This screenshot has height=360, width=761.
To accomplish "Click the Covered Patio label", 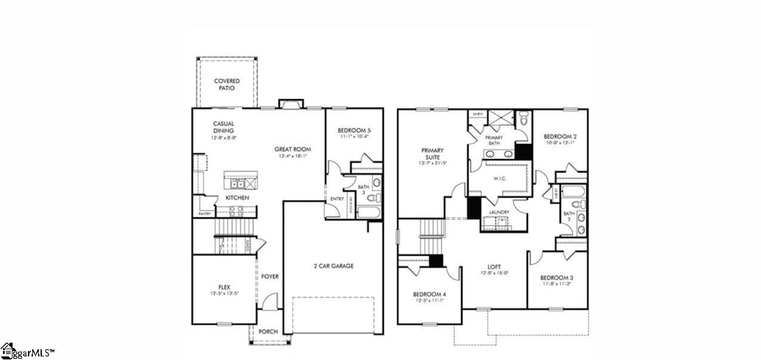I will pyautogui.click(x=226, y=84).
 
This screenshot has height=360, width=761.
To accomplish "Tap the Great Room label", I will pyautogui.click(x=292, y=149).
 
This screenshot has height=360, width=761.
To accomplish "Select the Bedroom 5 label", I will pyautogui.click(x=353, y=130).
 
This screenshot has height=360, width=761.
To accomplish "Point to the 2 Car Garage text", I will pyautogui.click(x=334, y=266).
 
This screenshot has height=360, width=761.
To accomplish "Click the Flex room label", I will pyautogui.click(x=224, y=287).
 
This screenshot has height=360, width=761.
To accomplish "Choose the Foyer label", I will pyautogui.click(x=270, y=276).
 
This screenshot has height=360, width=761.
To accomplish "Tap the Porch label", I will pyautogui.click(x=268, y=331).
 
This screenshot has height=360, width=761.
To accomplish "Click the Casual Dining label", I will pyautogui.click(x=223, y=127).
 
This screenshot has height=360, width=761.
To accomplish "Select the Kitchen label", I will pyautogui.click(x=237, y=198).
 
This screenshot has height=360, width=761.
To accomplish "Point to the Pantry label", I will pyautogui.click(x=205, y=214).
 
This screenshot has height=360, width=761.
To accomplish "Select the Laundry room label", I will pyautogui.click(x=498, y=212).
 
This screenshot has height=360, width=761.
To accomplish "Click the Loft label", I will pyautogui.click(x=494, y=267).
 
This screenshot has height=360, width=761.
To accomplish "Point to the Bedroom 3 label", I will pyautogui.click(x=556, y=278).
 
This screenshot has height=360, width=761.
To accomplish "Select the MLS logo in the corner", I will pyautogui.click(x=27, y=351).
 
